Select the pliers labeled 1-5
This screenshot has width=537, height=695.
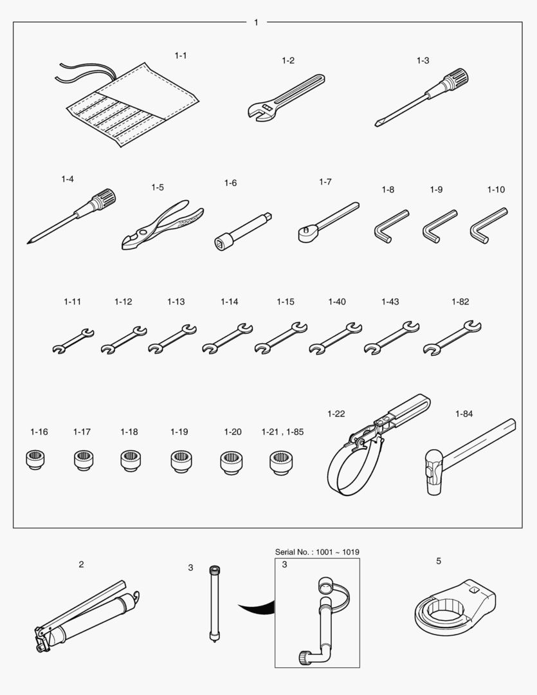click(161, 225)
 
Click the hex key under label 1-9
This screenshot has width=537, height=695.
click(439, 227)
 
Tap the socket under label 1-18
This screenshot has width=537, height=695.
click(131, 461)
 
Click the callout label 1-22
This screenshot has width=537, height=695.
click(336, 414)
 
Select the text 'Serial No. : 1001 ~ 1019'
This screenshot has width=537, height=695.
click(317, 552)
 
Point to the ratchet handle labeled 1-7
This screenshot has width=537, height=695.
click(328, 222)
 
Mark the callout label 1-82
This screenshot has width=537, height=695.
click(460, 302)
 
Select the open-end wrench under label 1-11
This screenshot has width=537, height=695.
click(73, 341)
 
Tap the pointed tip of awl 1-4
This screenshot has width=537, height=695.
click(28, 243)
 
